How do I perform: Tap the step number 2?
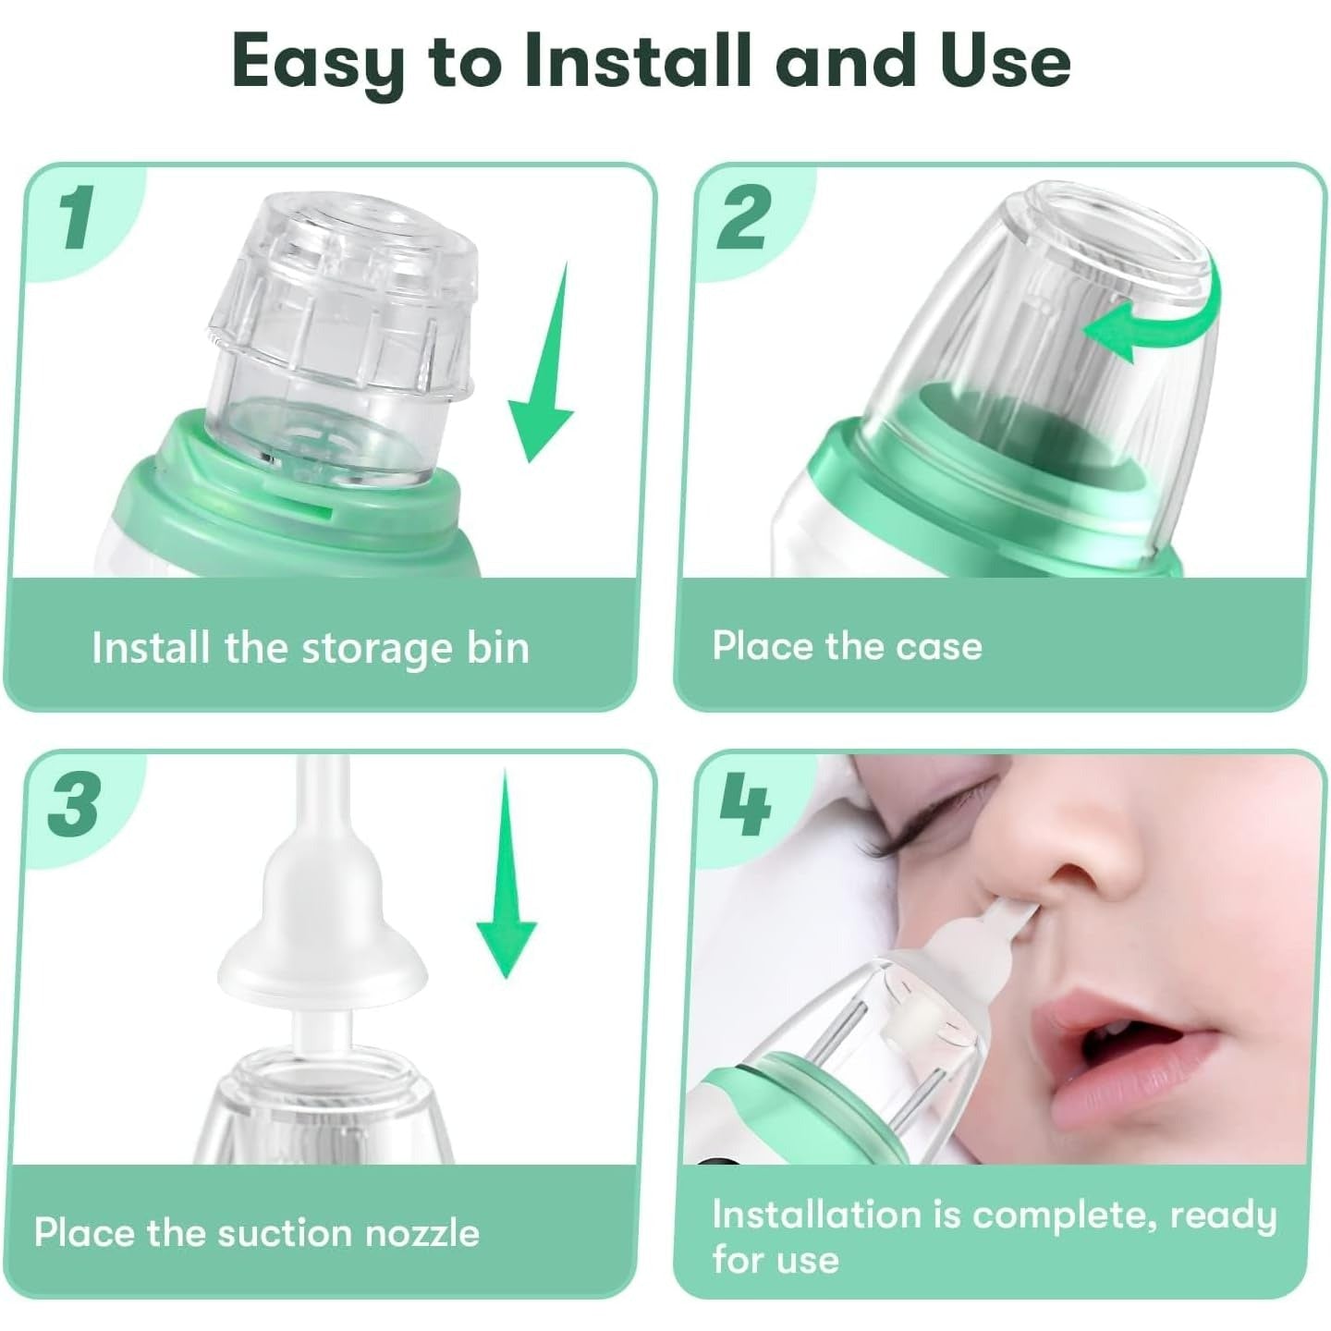pos(742,218)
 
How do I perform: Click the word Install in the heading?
pos(635,62)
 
